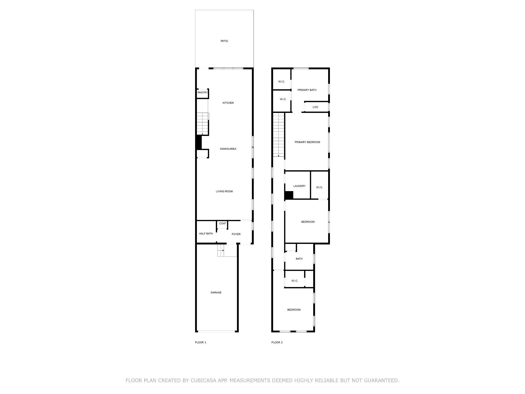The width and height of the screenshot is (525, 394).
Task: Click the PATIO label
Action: tap(224, 41)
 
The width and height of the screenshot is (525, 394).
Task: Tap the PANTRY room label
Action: tap(203, 93)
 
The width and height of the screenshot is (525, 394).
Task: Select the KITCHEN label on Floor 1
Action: tap(228, 103)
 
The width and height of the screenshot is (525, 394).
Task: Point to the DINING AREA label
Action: tap(228, 149)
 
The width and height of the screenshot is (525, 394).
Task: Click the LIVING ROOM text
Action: tap(224, 191)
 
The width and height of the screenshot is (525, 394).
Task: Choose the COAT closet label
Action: tap(223, 223)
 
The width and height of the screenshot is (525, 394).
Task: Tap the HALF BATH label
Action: tap(206, 234)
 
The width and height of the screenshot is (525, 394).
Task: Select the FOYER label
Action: tap(236, 234)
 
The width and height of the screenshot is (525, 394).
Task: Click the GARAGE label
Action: tap(216, 292)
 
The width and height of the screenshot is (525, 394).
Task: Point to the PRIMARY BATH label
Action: tap(307, 90)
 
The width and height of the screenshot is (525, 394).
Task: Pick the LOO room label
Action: tap(315, 107)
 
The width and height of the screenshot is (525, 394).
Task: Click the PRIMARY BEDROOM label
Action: tap(307, 142)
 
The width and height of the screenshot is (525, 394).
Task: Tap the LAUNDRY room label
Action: tap(299, 186)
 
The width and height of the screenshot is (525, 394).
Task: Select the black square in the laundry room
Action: tap(289, 195)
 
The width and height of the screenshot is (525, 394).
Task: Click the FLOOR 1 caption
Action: tap(200, 342)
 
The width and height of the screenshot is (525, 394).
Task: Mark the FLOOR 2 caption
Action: tap(277, 342)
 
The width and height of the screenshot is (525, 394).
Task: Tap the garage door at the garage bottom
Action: tap(217, 331)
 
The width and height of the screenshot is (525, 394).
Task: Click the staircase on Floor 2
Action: tap(279, 135)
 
